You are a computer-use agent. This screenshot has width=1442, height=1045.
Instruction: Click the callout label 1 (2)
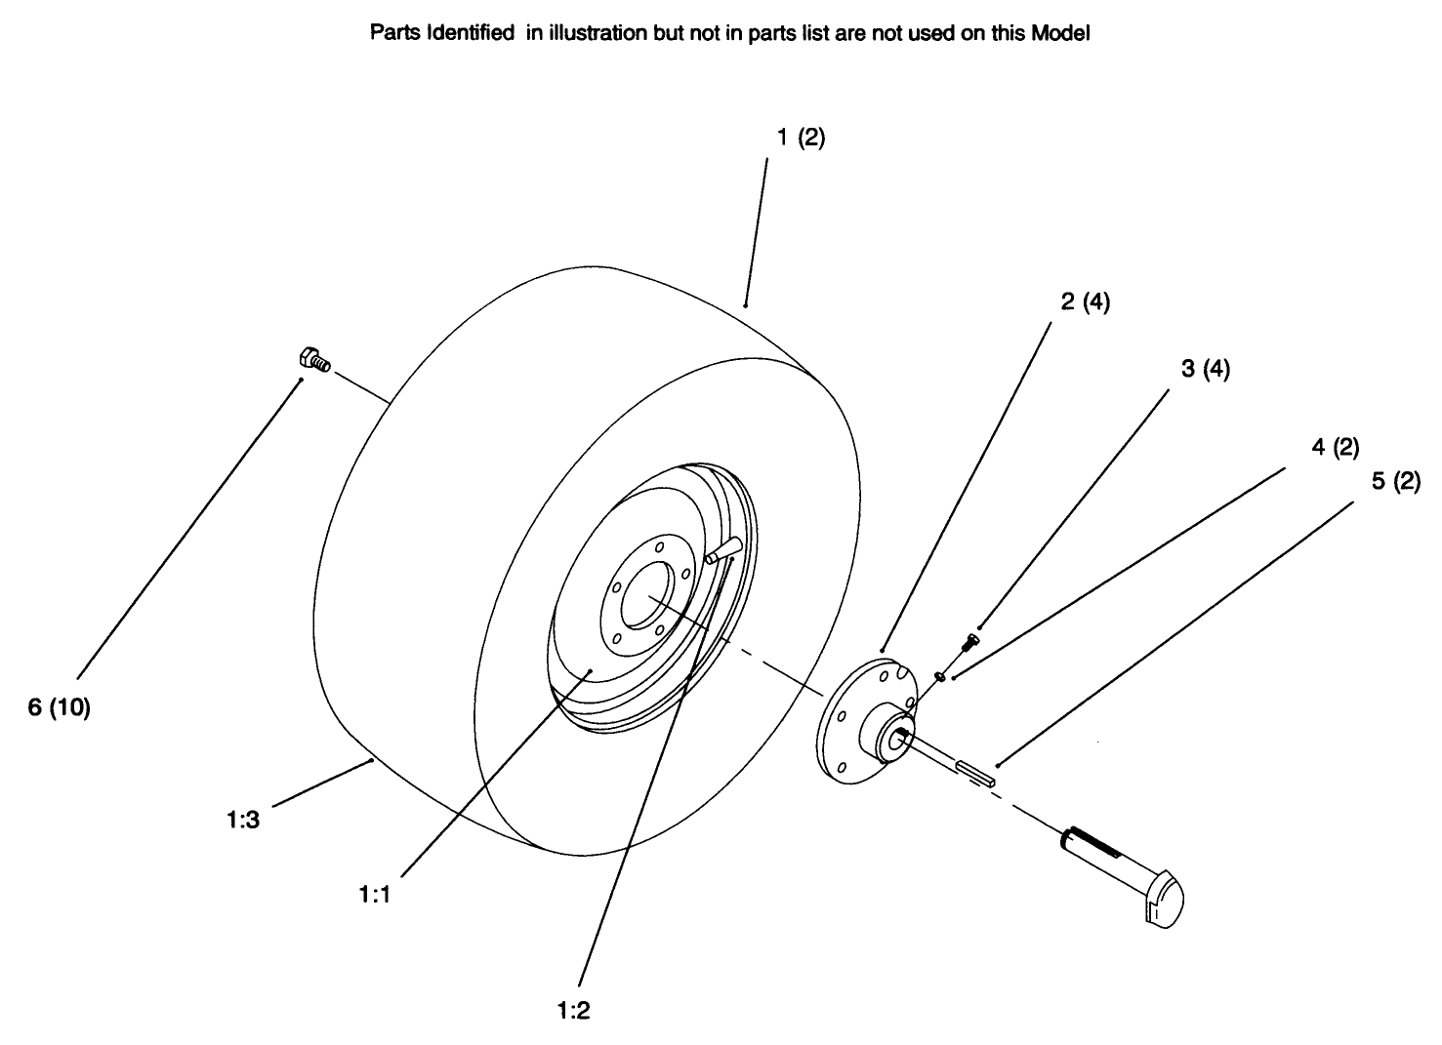tap(801, 139)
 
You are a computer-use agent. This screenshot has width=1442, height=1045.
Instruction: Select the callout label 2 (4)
tap(1085, 302)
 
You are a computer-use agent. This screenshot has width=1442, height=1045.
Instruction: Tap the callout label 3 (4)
tap(1205, 369)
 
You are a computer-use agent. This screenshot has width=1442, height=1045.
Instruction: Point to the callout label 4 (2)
tap(1335, 448)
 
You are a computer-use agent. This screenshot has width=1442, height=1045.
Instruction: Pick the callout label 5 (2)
tap(1396, 482)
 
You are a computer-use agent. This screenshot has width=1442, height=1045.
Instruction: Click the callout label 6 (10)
tap(59, 708)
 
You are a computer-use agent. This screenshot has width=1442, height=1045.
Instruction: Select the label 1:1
tap(374, 893)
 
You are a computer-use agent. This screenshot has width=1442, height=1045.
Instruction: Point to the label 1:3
tap(242, 821)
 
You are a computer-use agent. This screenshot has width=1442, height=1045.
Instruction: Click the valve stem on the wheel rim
tap(723, 551)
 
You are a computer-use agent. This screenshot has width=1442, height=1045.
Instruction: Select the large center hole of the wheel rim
tap(645, 596)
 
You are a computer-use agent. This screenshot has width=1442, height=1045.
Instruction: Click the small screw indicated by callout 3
tap(970, 641)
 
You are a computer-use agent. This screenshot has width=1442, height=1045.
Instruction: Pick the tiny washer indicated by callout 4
tap(939, 674)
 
